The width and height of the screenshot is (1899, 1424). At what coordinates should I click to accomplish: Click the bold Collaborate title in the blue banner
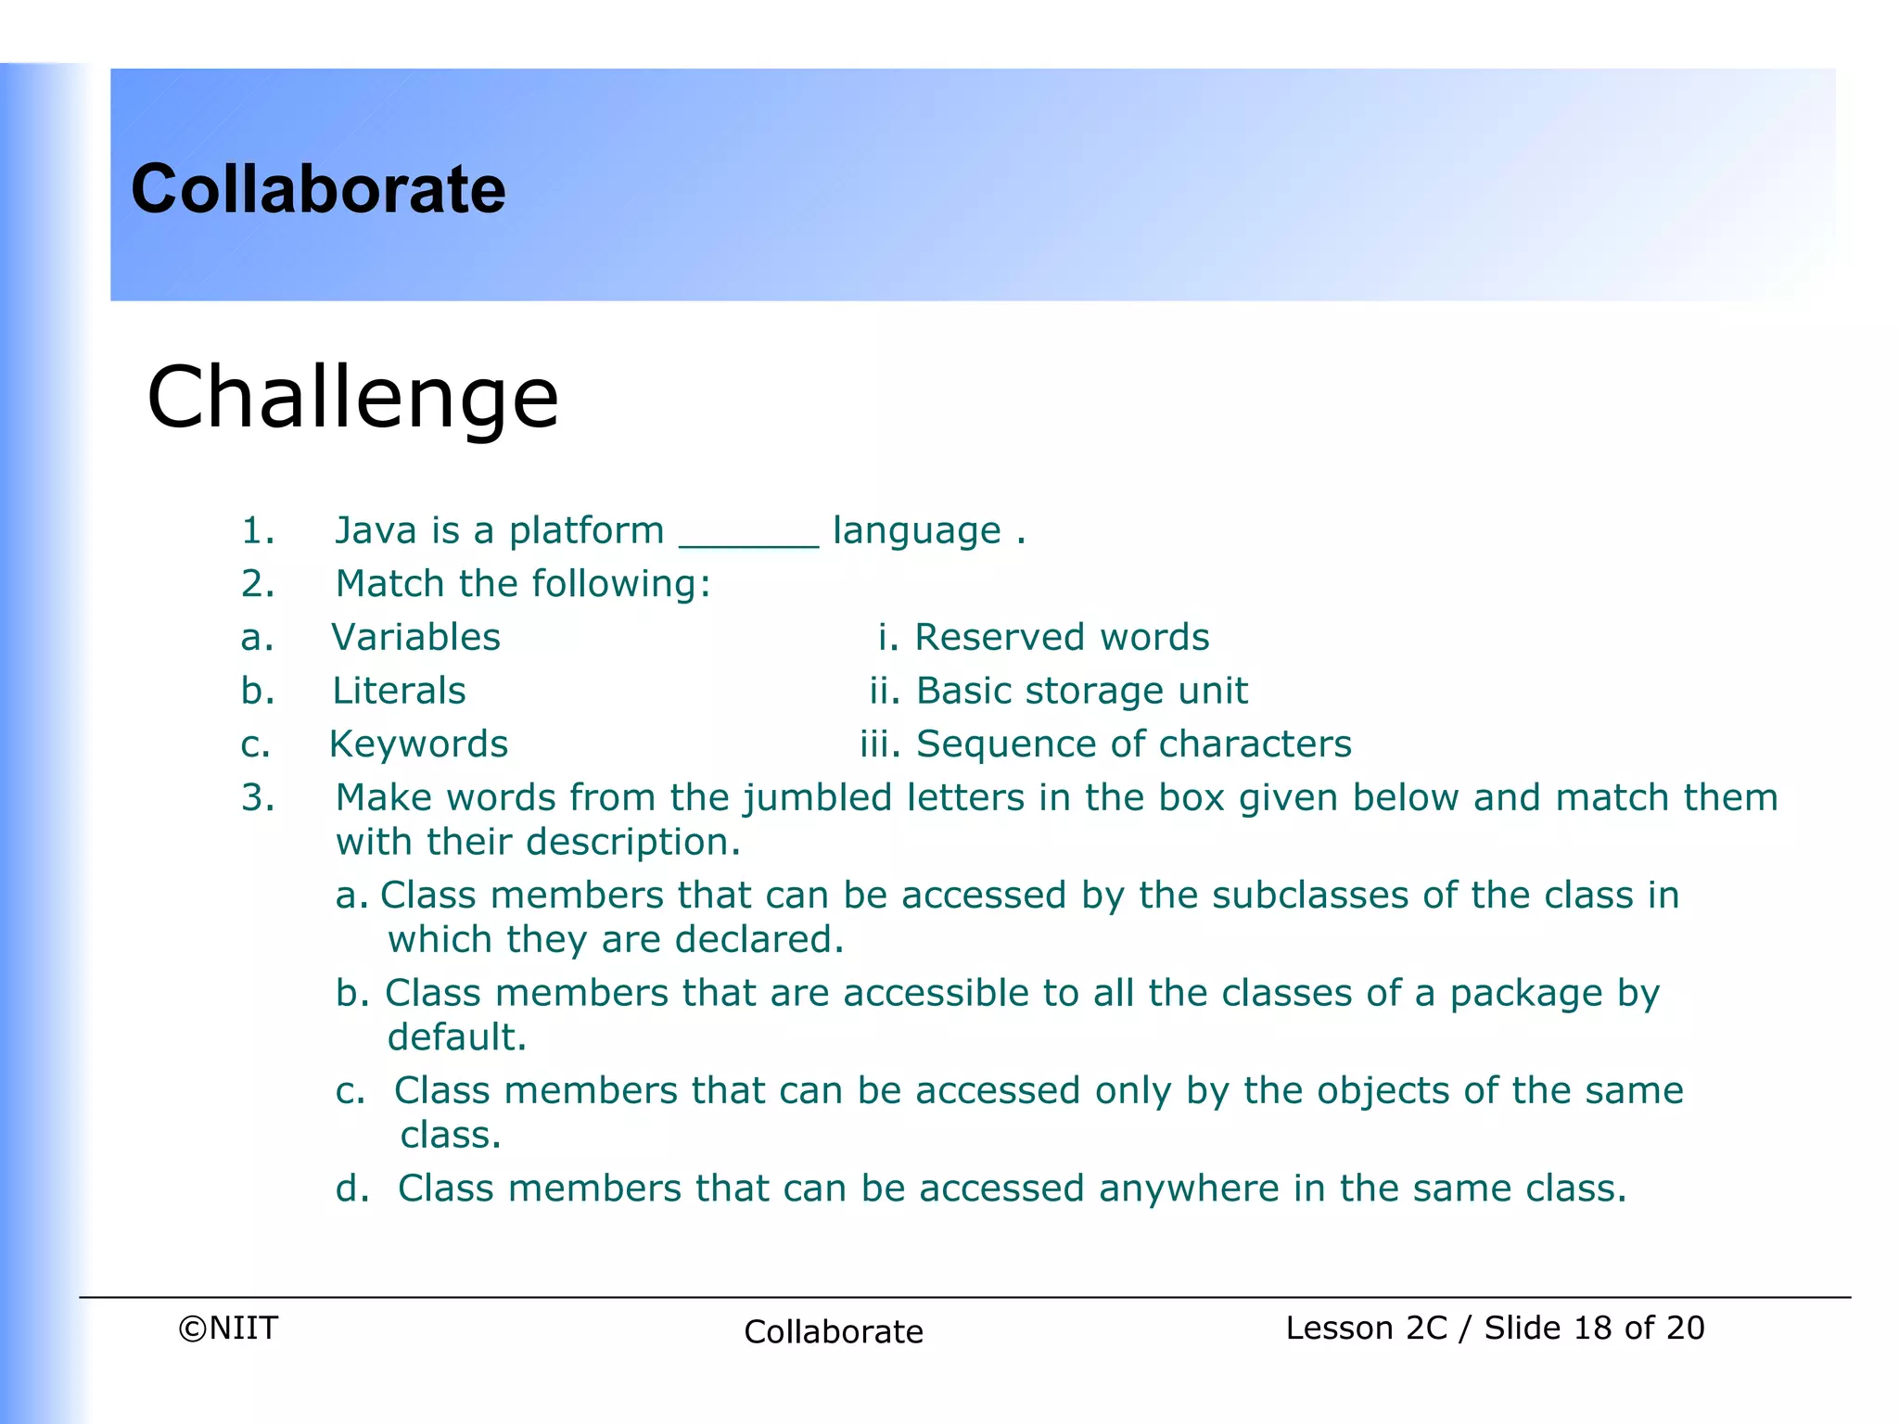(x=318, y=189)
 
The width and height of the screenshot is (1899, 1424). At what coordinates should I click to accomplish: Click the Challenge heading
(x=352, y=397)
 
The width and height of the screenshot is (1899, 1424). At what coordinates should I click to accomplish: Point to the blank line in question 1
(x=748, y=545)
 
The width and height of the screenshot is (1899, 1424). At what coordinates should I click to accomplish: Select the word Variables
(x=415, y=637)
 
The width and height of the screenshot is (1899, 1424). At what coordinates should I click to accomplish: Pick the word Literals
(x=399, y=691)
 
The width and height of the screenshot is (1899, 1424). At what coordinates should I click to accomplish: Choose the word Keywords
(x=418, y=744)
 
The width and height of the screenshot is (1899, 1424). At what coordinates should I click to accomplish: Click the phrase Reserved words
(x=1062, y=637)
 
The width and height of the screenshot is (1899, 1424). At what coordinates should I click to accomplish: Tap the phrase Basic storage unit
(x=1081, y=691)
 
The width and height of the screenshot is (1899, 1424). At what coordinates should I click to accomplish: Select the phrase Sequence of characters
(x=1133, y=744)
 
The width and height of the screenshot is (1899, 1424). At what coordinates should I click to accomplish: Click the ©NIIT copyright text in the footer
(x=228, y=1328)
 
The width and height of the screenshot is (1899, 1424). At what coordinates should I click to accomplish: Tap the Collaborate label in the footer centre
(x=834, y=1331)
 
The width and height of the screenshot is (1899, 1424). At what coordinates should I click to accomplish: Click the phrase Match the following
(x=523, y=584)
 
